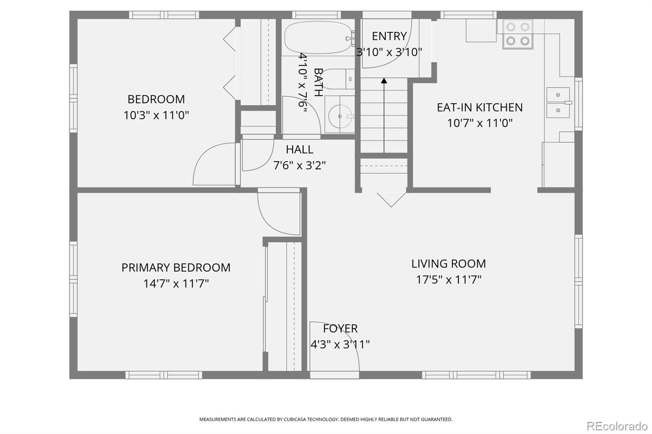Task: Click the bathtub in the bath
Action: click(318, 37)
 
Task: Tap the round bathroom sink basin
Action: click(340, 116)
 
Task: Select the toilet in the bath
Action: click(338, 79)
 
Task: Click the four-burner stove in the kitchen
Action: click(518, 34)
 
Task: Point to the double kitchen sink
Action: click(558, 103)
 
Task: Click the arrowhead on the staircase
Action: click(384, 81)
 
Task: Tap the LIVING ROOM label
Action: click(449, 264)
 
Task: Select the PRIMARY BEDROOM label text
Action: click(176, 267)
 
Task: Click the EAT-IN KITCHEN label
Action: click(480, 107)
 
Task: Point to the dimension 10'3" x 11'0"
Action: click(156, 115)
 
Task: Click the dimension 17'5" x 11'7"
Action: click(449, 280)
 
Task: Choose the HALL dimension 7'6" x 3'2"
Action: click(299, 166)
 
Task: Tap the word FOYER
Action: click(340, 329)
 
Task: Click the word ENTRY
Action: click(389, 36)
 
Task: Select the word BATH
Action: click(318, 82)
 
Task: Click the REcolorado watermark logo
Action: click(617, 426)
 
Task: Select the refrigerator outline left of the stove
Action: click(481, 31)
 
